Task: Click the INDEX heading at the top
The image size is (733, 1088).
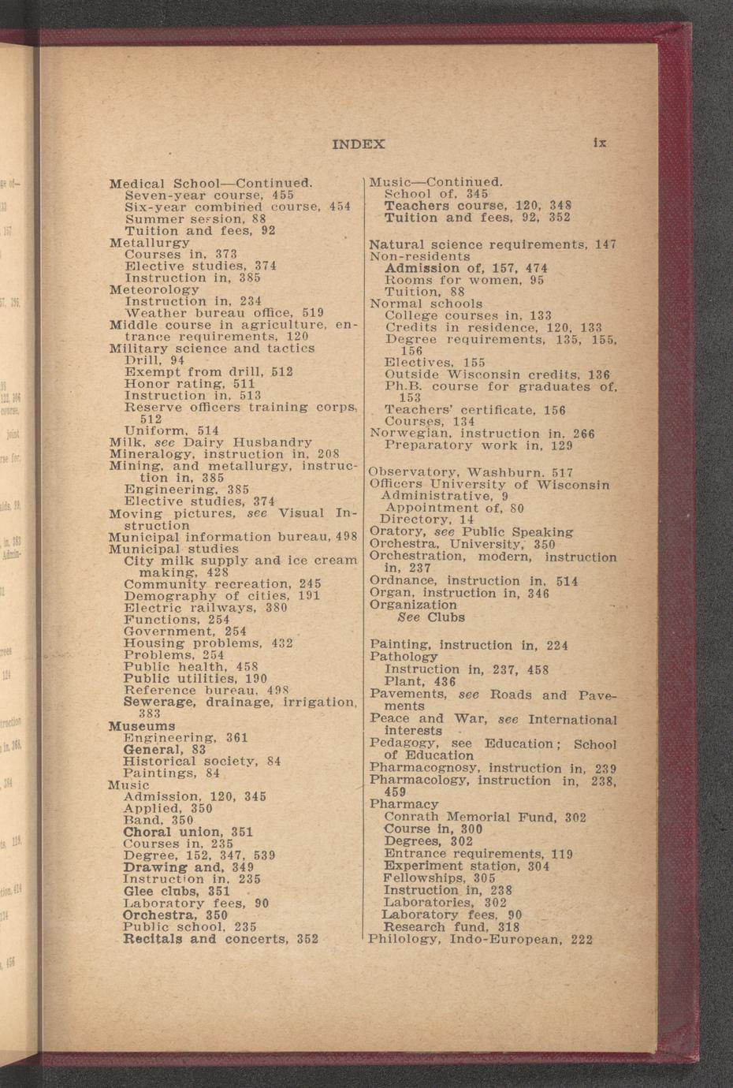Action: [x=359, y=144]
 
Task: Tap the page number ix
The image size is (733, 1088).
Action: [x=600, y=143]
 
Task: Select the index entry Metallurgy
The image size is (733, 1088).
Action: [x=149, y=243]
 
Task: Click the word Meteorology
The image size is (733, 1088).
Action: [x=154, y=289]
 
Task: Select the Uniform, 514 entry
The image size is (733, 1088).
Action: [x=171, y=430]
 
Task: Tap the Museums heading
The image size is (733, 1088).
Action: [x=141, y=725]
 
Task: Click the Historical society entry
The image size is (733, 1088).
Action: [x=202, y=761]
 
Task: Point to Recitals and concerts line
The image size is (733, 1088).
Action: [x=221, y=939]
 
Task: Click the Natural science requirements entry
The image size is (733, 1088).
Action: [x=492, y=245]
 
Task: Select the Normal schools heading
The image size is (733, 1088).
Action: [x=426, y=304]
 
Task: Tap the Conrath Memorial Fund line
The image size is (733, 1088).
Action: [x=485, y=818]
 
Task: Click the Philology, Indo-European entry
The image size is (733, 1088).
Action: [x=480, y=940]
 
